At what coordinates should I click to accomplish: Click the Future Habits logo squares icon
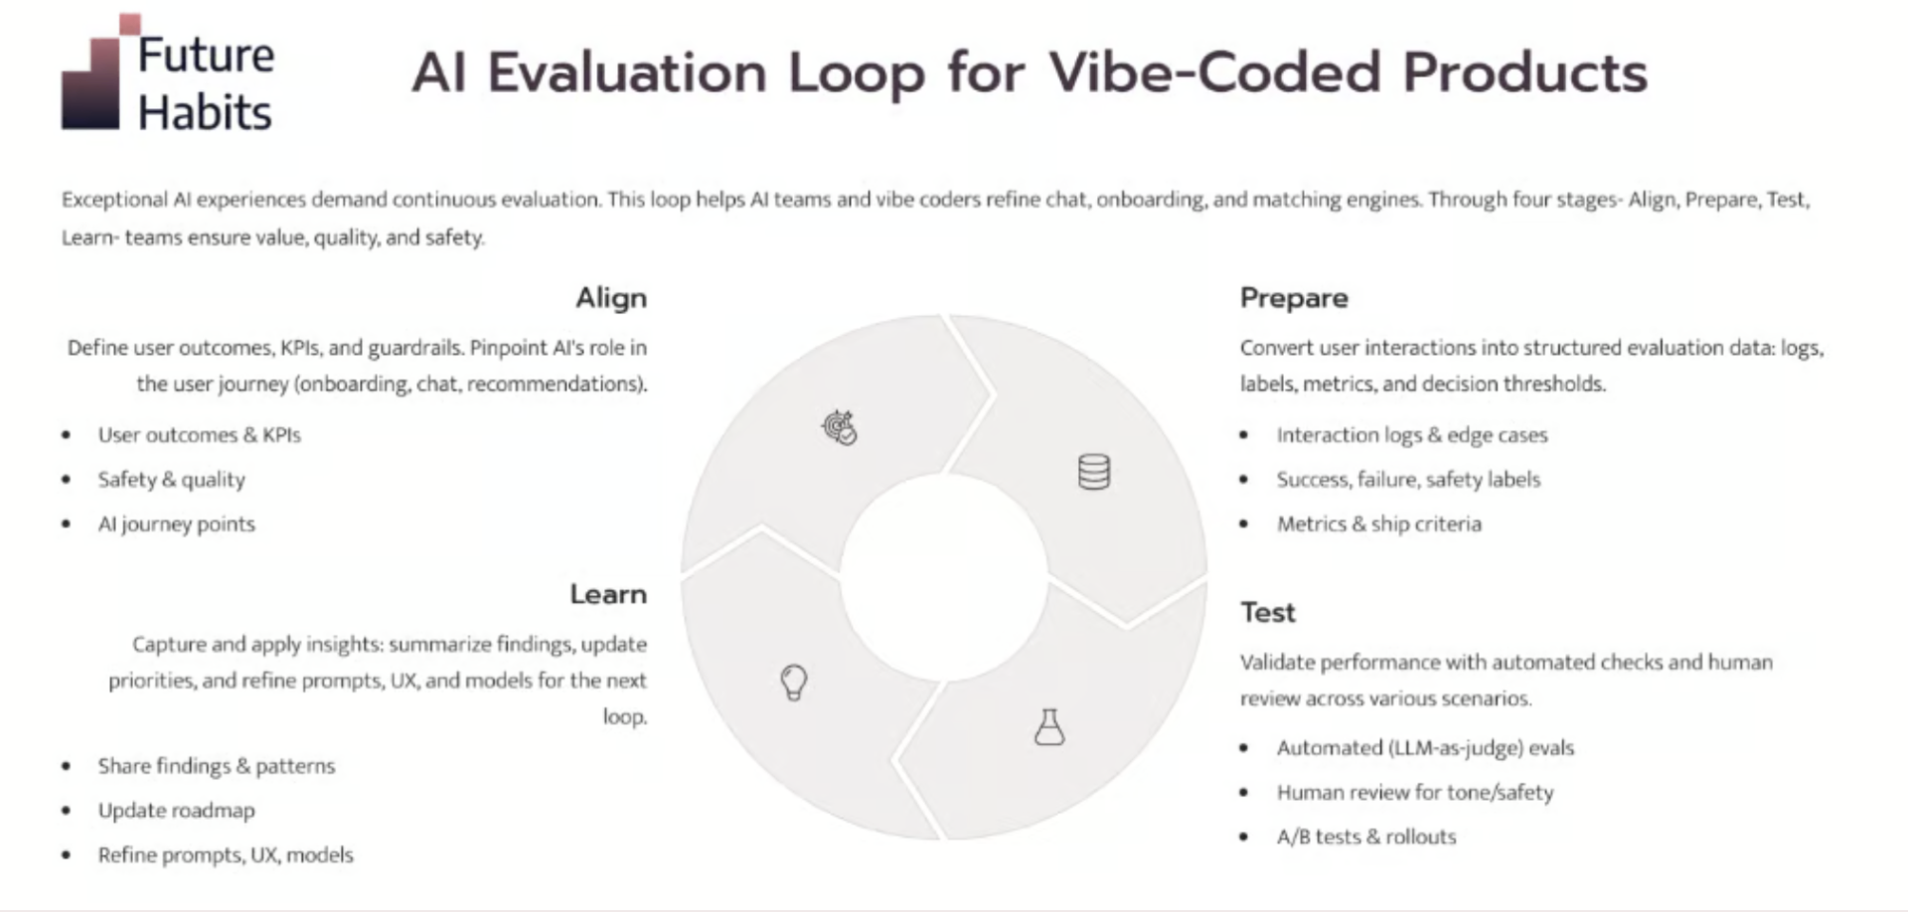[94, 79]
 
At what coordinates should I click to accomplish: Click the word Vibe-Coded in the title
[1215, 73]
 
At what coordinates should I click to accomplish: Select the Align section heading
[610, 298]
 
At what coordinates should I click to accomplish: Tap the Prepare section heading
[1293, 298]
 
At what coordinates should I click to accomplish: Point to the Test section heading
[1267, 612]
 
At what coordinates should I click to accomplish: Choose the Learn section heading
[607, 594]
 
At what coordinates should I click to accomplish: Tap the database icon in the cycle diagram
[1093, 472]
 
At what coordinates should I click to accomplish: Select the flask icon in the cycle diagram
[1049, 728]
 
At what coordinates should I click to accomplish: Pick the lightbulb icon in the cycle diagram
[793, 683]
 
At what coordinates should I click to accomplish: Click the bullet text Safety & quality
[171, 480]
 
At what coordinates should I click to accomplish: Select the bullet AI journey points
[176, 525]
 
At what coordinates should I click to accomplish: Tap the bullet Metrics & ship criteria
[1378, 525]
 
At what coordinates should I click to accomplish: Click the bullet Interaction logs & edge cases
[1411, 435]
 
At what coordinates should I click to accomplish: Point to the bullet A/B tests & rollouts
[1365, 836]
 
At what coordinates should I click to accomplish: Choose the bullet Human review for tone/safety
[1414, 793]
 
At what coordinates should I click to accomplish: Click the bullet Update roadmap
[176, 811]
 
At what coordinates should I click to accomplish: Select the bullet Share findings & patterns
[216, 766]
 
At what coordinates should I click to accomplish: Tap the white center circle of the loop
[943, 577]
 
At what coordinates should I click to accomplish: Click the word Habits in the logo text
[205, 113]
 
